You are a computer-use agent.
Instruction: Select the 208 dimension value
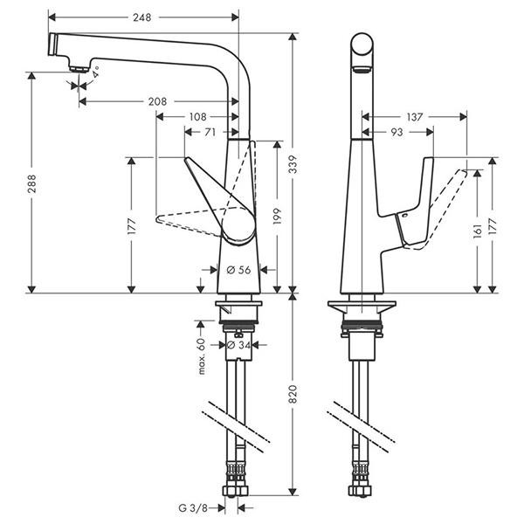pyautogui.click(x=157, y=101)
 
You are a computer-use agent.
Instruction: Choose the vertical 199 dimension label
pyautogui.click(x=276, y=217)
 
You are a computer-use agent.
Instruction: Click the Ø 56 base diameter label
pyautogui.click(x=238, y=271)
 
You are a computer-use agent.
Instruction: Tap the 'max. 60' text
pyautogui.click(x=201, y=358)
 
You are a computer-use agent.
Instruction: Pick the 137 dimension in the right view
pyautogui.click(x=414, y=116)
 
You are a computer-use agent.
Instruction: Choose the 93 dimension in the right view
pyautogui.click(x=397, y=132)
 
